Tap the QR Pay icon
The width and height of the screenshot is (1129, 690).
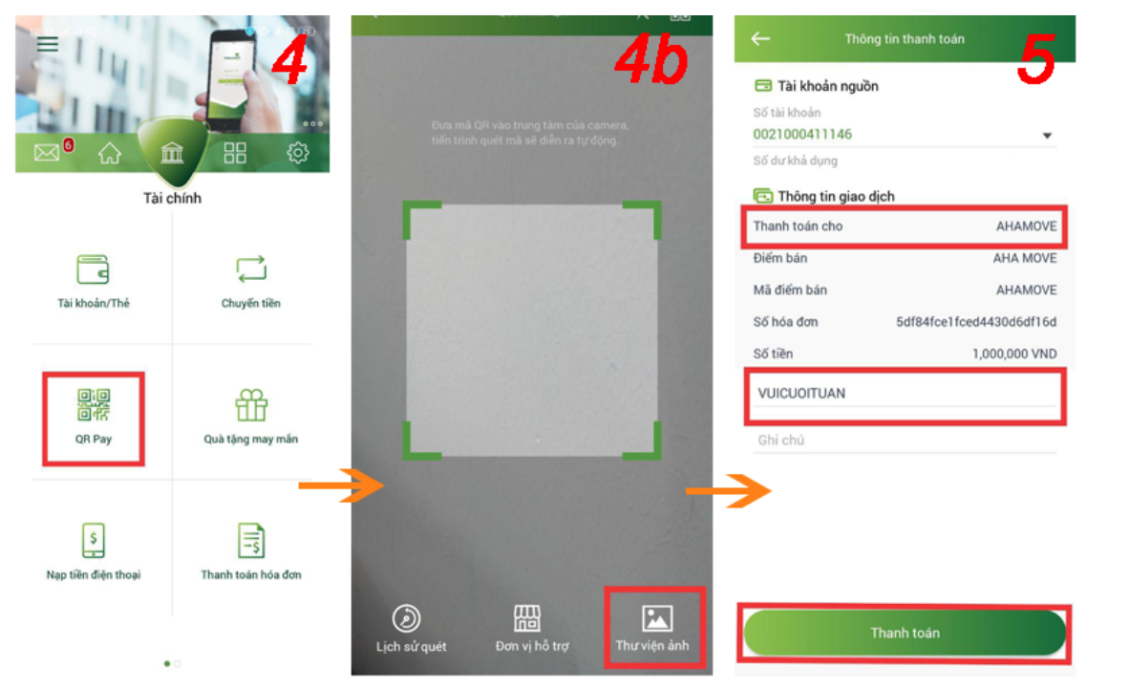pos(94,406)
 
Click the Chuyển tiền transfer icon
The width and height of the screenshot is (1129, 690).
pos(250,270)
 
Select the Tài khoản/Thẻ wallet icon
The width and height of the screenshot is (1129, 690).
pos(94,270)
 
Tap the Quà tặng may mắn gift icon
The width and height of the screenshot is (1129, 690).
pos(251,406)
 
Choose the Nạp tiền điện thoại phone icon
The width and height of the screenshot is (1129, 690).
pos(94,542)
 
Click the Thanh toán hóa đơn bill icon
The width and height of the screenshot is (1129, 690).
pos(251,541)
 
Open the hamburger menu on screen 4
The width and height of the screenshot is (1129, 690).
pos(48,44)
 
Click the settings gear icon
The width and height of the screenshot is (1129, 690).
pos(298,153)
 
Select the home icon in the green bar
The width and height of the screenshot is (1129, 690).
pos(110,153)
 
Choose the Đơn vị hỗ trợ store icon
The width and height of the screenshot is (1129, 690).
pos(527,618)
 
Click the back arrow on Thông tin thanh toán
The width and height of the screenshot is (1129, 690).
pos(760,39)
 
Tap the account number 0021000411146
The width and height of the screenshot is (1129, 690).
pos(802,135)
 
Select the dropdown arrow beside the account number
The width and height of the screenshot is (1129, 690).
pos(1047,136)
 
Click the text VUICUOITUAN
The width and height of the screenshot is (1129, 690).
pos(801,393)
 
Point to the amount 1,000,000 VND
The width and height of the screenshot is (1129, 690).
pos(1014,354)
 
